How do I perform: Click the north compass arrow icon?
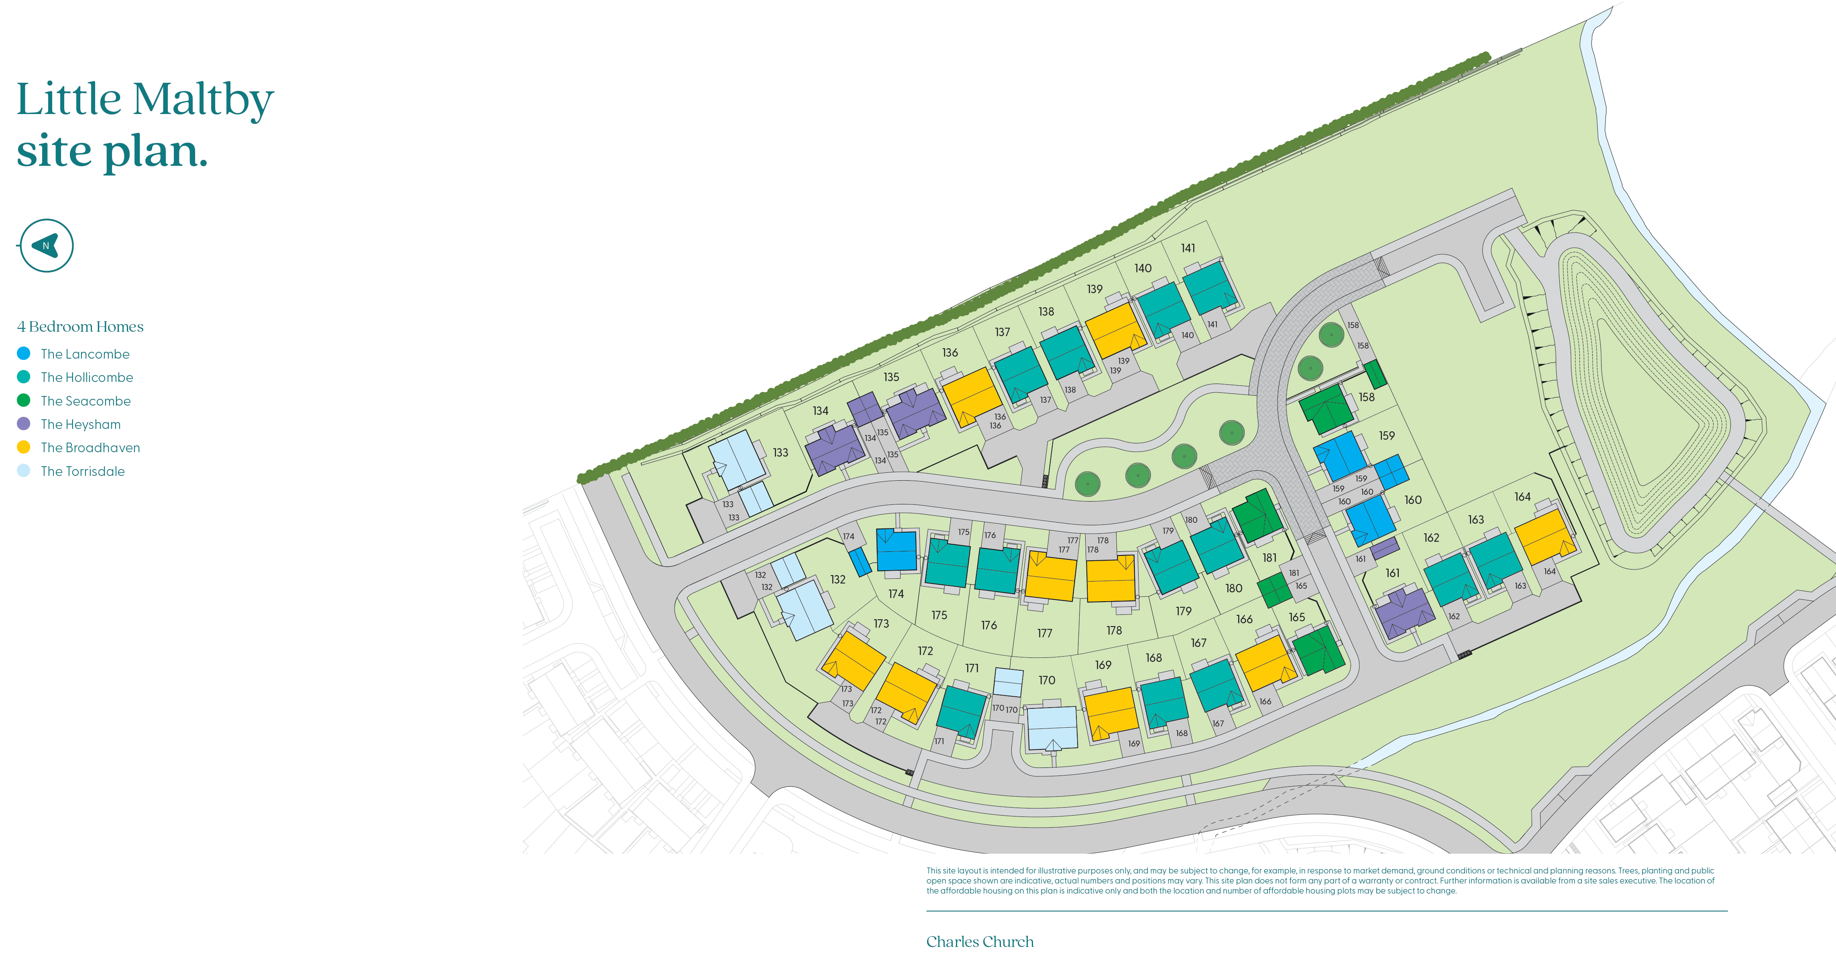[x=46, y=245]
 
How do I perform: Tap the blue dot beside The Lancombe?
[x=24, y=353]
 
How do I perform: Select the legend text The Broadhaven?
[x=90, y=447]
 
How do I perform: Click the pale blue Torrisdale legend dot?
[x=24, y=471]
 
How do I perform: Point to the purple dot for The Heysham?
[x=24, y=424]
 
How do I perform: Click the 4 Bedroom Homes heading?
[x=80, y=326]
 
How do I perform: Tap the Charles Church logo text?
[x=979, y=941]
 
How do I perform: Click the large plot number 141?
[x=1188, y=248]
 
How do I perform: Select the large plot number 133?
[x=780, y=453]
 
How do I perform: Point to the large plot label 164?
[x=1522, y=497]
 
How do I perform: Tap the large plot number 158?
[x=1365, y=397]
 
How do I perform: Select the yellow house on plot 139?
[x=1115, y=330]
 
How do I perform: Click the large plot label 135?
[x=891, y=377]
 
